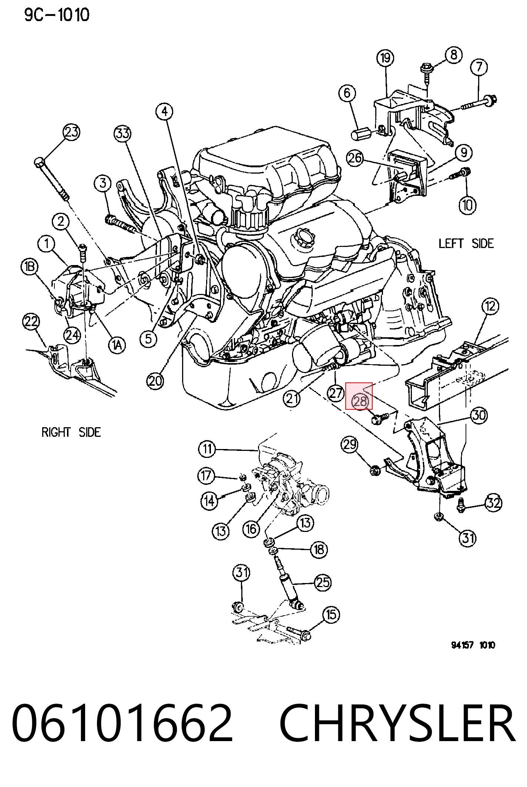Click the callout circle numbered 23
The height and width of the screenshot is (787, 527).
[x=71, y=132]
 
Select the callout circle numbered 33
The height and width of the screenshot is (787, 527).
[x=122, y=133]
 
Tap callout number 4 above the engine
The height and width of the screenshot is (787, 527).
[x=165, y=111]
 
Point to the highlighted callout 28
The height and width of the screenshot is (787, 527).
[x=359, y=401]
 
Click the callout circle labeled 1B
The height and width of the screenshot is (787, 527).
[x=30, y=267]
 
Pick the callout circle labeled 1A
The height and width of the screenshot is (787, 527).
[x=117, y=345]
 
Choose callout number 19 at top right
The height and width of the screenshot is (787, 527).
[x=385, y=58]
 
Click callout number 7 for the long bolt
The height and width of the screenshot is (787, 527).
[x=479, y=67]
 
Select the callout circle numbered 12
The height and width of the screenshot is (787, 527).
[x=490, y=306]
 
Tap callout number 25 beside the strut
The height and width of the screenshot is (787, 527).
[x=322, y=583]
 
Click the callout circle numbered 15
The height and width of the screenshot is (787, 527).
[x=330, y=615]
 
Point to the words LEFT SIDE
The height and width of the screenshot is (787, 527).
[x=466, y=244]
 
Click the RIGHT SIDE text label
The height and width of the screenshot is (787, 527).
[x=71, y=432]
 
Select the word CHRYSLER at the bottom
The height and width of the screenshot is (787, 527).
[x=397, y=723]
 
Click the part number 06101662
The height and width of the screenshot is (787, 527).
[x=122, y=723]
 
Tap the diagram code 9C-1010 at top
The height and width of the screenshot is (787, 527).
[x=57, y=15]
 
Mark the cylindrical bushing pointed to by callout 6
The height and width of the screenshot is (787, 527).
[x=361, y=134]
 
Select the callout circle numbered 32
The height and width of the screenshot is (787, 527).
[x=493, y=503]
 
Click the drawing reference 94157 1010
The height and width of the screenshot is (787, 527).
[x=473, y=645]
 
